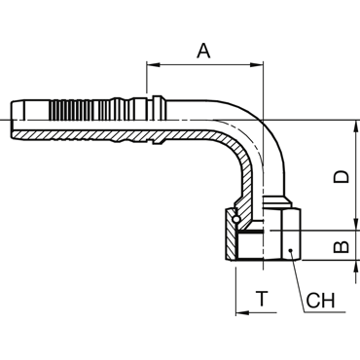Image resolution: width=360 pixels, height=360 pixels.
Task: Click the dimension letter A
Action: tap(203, 51)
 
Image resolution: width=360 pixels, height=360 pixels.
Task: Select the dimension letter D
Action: tap(342, 177)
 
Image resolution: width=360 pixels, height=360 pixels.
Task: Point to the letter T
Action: tap(262, 299)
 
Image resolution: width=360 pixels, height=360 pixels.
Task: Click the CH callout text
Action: tap(320, 301)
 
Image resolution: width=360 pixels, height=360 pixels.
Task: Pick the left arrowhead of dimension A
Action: tap(154, 65)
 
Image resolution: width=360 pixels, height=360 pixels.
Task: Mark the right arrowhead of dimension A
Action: tap(256, 65)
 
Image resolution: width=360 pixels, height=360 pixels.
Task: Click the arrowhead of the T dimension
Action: tap(242, 312)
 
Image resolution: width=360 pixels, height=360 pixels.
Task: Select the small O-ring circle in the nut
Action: tap(236, 219)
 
